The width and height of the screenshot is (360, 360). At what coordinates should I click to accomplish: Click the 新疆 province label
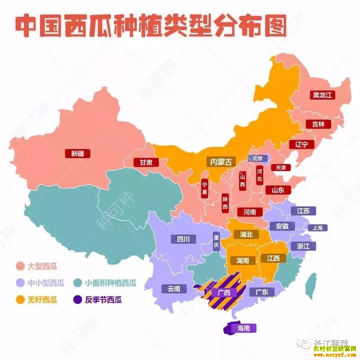[x=78, y=154]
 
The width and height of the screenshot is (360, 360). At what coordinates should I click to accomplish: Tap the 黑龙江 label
[x=323, y=95]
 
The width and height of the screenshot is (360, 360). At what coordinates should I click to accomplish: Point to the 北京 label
[x=257, y=158]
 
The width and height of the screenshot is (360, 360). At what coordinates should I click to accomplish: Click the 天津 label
[x=278, y=168]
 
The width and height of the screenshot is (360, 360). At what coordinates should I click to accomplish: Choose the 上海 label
[x=318, y=228]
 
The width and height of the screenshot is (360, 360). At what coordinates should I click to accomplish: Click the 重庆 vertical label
[x=216, y=242]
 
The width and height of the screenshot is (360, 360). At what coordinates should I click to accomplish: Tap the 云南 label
[x=174, y=288]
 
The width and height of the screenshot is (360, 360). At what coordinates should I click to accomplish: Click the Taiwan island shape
[x=310, y=286]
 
